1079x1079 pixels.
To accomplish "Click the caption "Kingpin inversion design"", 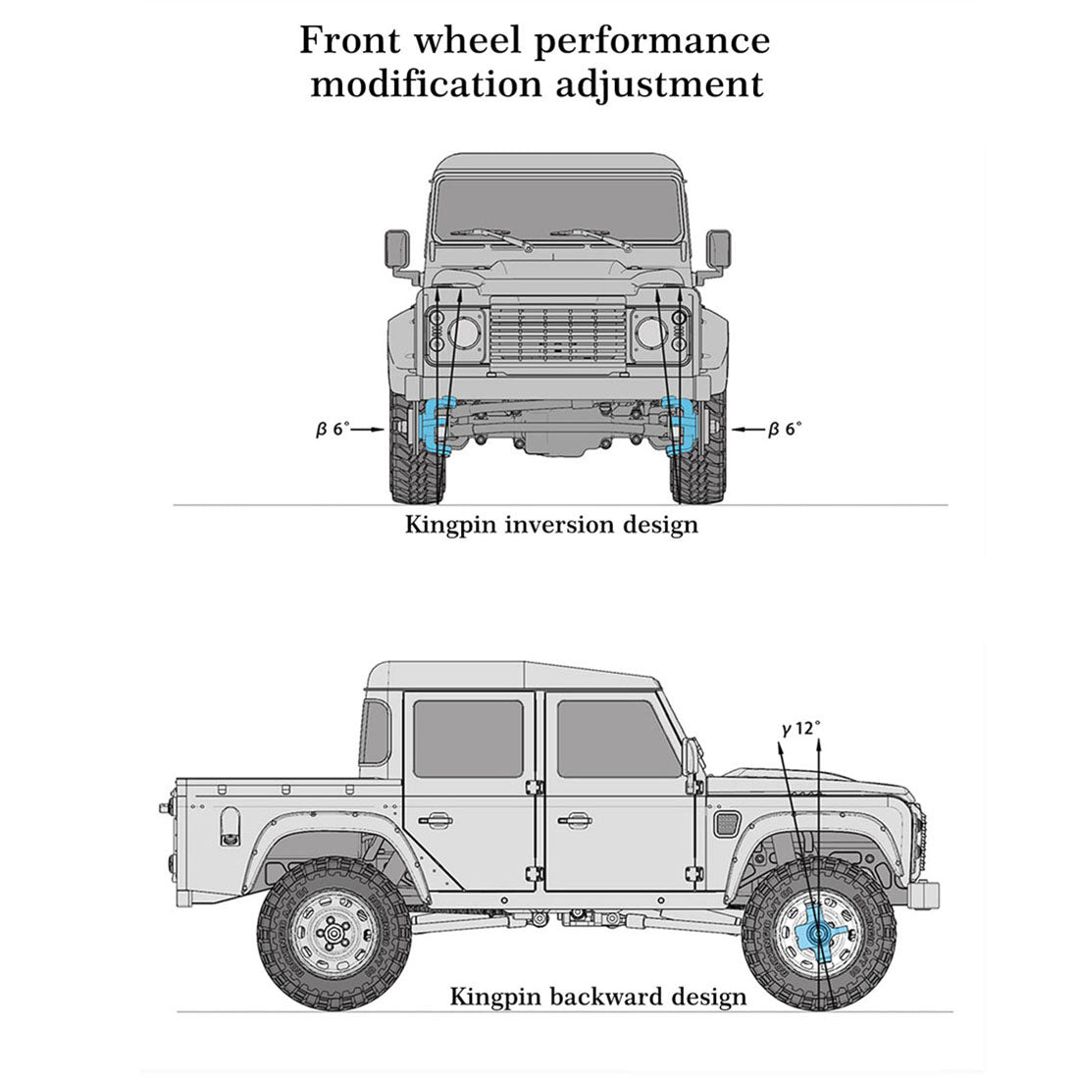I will [551, 524].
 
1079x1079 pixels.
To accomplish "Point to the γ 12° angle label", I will [801, 729].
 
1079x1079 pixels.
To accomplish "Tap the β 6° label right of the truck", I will [785, 429].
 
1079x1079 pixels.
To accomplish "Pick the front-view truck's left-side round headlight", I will [463, 333].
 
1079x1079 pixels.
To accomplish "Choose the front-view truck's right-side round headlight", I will [651, 333].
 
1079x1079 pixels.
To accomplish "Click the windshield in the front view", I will [557, 211].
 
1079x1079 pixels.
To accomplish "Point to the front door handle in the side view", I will [575, 819].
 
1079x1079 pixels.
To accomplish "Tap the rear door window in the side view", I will [468, 740].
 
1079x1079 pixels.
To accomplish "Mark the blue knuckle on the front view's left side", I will [436, 424].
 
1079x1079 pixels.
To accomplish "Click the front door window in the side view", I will [613, 740].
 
